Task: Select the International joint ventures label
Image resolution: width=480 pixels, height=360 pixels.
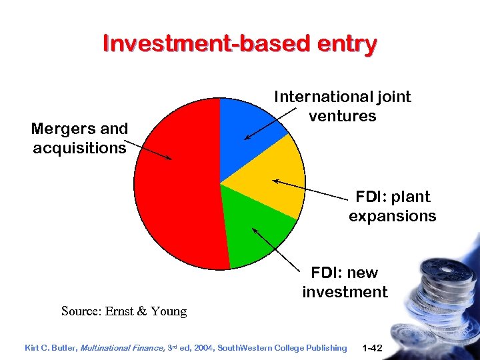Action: [343, 107]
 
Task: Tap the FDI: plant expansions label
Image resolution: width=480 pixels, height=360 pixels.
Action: [392, 206]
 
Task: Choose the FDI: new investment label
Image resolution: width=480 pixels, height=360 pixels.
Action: [345, 282]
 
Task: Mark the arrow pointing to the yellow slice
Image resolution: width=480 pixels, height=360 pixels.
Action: [313, 189]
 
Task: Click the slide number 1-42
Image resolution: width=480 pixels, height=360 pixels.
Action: [371, 347]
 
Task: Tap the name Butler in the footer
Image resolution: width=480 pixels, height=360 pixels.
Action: [65, 347]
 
